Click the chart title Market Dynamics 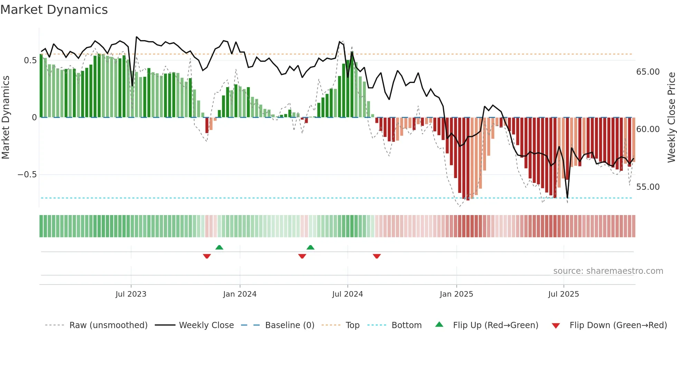tap(54, 10)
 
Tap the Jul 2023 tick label tap(131, 294)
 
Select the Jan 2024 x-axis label tap(240, 294)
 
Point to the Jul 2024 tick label tap(347, 294)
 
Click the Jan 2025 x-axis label tap(456, 294)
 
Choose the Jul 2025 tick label tap(563, 294)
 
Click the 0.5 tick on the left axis tap(30, 61)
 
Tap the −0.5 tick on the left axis tap(27, 175)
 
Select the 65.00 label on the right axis tap(648, 72)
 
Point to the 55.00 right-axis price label tap(648, 187)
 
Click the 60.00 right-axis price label tap(648, 129)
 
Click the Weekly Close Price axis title tap(671, 118)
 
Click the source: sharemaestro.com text tap(608, 271)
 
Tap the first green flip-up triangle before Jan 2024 tap(219, 247)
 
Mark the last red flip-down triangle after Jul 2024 tap(377, 256)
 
